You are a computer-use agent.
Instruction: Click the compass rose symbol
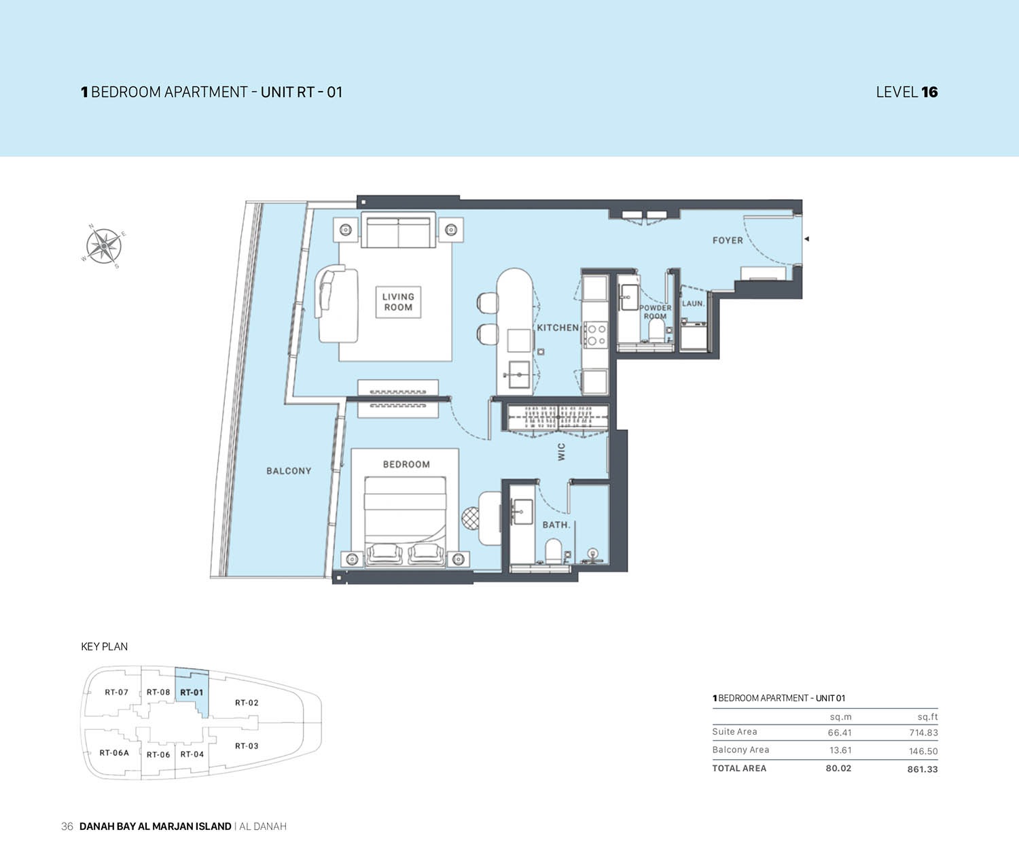pos(103,246)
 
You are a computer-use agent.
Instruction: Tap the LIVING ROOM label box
pos(398,302)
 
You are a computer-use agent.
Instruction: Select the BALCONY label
pos(289,471)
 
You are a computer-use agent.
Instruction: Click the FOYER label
pos(728,241)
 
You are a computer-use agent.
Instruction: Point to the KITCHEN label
pos(558,328)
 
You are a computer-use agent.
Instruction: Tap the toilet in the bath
pos(553,551)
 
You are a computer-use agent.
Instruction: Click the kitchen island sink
pos(519,374)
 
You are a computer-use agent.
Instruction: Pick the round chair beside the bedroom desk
pos(471,518)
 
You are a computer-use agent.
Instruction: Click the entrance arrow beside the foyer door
pos(807,239)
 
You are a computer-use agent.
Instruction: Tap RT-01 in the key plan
pos(192,693)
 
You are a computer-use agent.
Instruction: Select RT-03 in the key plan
pos(247,746)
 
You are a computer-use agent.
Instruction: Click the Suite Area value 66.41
pos(840,733)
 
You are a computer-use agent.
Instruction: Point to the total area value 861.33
pos(923,769)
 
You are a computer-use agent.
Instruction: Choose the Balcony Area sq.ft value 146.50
pos(923,751)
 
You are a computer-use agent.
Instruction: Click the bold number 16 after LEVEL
pos(930,92)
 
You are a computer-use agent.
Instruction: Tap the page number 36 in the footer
pos(67,826)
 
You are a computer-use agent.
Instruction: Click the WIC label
pos(561,452)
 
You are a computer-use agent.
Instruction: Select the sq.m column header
pos(840,717)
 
